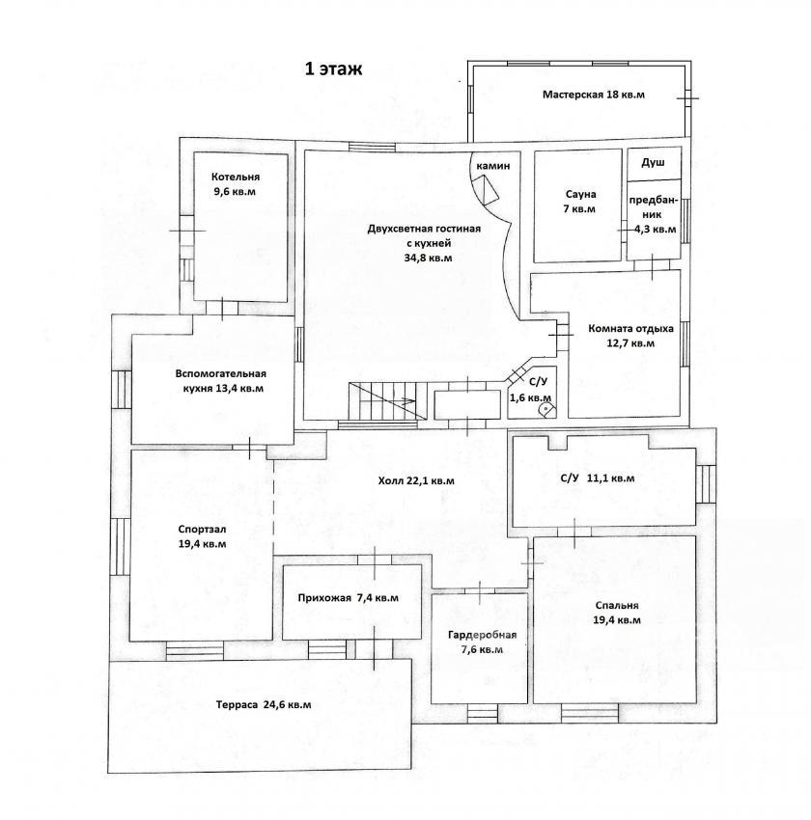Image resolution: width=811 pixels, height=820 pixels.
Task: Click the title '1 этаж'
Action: pyautogui.click(x=333, y=69)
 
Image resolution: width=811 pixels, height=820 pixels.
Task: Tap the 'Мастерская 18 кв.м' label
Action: pyautogui.click(x=594, y=95)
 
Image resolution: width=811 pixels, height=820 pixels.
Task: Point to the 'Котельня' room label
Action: pyautogui.click(x=236, y=177)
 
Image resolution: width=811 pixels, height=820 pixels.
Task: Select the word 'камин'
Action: pyautogui.click(x=493, y=166)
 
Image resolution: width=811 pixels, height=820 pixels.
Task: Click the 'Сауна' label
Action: pyautogui.click(x=581, y=194)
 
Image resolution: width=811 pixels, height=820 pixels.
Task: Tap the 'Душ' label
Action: pyautogui.click(x=653, y=163)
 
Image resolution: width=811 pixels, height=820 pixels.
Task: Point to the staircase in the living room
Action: pyautogui.click(x=387, y=401)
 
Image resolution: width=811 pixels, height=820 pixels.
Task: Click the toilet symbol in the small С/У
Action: pyautogui.click(x=545, y=407)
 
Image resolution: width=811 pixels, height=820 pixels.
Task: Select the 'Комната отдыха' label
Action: pyautogui.click(x=631, y=328)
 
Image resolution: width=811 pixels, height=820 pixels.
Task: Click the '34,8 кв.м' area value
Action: pyautogui.click(x=428, y=258)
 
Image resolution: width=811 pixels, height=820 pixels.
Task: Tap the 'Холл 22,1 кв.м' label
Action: pyautogui.click(x=416, y=480)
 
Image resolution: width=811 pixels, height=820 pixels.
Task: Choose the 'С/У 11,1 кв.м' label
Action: pyautogui.click(x=598, y=478)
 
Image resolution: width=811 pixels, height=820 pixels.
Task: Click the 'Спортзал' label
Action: pyautogui.click(x=202, y=530)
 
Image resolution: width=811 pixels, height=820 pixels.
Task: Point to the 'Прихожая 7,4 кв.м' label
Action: pyautogui.click(x=348, y=598)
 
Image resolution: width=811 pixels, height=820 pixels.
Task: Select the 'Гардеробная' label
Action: pyautogui.click(x=482, y=635)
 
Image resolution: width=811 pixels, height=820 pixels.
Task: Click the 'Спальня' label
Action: pyautogui.click(x=617, y=606)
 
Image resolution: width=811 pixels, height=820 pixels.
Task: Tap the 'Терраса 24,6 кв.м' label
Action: pyautogui.click(x=264, y=705)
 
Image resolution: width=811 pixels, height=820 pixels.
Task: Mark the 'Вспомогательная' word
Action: pyautogui.click(x=221, y=373)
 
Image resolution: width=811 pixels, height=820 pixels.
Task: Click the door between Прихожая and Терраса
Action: pyautogui.click(x=374, y=648)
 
